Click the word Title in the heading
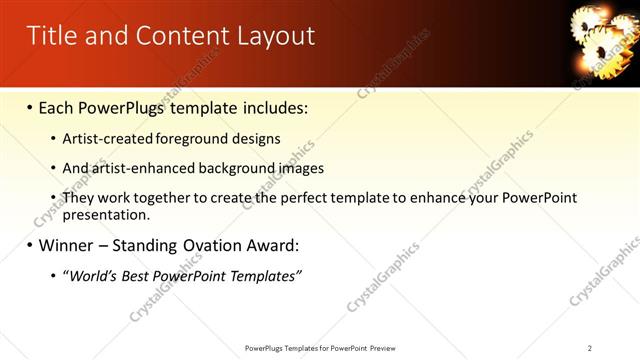coord(49,36)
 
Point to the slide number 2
coord(590,348)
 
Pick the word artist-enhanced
coord(143,168)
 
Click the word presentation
coord(106,214)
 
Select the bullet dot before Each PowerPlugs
coord(29,106)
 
